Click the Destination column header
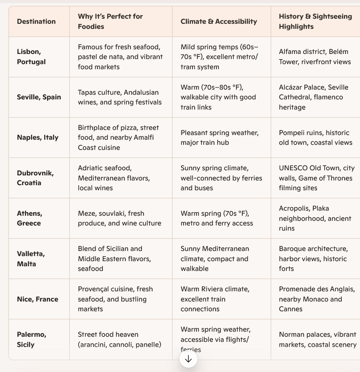click(x=36, y=21)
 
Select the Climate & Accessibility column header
click(x=218, y=21)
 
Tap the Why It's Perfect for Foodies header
click(x=110, y=21)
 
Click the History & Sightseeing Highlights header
click(x=315, y=21)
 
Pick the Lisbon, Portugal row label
click(x=31, y=56)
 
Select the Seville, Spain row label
click(x=39, y=97)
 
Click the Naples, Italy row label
click(x=37, y=137)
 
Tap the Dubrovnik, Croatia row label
click(x=35, y=178)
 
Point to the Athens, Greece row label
click(x=29, y=218)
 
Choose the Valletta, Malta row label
click(x=31, y=259)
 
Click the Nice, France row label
click(x=37, y=299)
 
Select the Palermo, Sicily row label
click(x=31, y=339)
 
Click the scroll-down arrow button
click(x=188, y=359)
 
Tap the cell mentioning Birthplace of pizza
click(x=118, y=137)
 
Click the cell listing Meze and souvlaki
click(x=119, y=218)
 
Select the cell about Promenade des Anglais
click(x=316, y=299)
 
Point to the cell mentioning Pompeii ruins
click(x=315, y=138)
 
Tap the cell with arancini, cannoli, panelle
click(x=119, y=339)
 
